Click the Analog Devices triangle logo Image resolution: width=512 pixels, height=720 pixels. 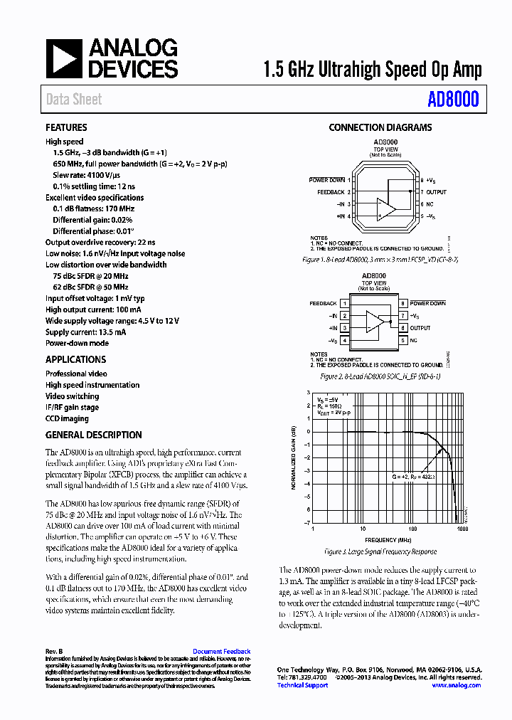click(x=64, y=58)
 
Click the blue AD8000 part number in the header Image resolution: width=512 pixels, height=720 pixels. click(x=453, y=100)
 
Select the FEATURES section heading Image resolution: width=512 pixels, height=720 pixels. click(x=66, y=128)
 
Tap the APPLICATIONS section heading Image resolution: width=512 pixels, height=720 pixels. click(x=75, y=360)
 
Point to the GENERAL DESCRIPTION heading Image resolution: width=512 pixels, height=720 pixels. click(x=93, y=435)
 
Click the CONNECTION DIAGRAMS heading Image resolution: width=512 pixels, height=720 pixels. click(x=380, y=128)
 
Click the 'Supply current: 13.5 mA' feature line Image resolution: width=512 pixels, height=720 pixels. click(x=85, y=332)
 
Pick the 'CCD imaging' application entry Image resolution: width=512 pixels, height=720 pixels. click(x=67, y=419)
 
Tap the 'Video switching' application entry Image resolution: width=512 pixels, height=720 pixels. click(x=72, y=396)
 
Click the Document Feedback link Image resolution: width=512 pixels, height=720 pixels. click(x=221, y=652)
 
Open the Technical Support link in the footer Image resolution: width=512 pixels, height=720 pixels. click(x=302, y=685)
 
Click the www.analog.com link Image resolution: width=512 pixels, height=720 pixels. click(x=456, y=685)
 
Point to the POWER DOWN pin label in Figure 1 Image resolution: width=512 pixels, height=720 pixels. click(x=326, y=180)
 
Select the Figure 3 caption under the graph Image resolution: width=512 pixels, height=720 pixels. click(x=380, y=551)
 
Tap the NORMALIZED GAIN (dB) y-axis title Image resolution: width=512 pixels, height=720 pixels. click(x=293, y=457)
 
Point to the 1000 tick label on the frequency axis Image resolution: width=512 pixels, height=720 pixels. click(x=462, y=530)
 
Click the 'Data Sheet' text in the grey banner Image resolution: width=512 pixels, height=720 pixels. click(x=74, y=100)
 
